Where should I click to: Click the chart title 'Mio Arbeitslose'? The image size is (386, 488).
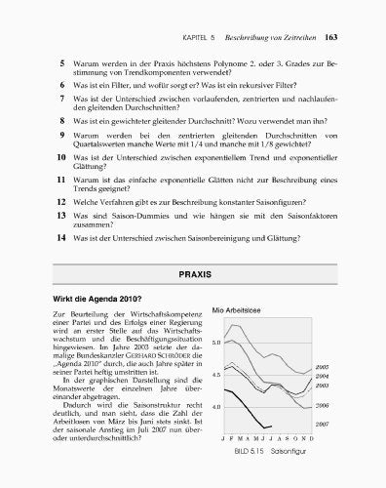coord(239,310)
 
